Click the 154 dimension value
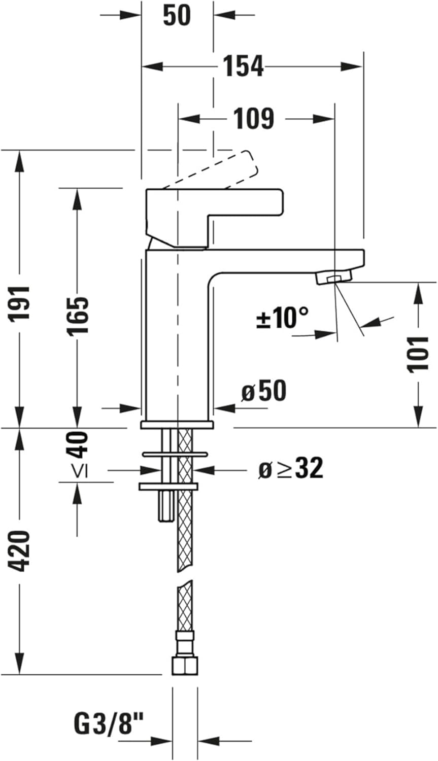[x=244, y=66]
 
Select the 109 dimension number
[x=253, y=119]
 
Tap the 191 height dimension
[x=21, y=303]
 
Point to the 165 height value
[x=78, y=315]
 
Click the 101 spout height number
[x=418, y=354]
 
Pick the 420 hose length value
[x=21, y=550]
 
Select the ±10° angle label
[x=282, y=318]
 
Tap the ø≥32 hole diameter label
[x=290, y=469]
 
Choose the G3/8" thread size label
[x=109, y=723]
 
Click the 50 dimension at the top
[x=177, y=16]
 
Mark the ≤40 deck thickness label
[x=78, y=454]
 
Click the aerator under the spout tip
[x=333, y=278]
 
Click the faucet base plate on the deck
[x=177, y=424]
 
